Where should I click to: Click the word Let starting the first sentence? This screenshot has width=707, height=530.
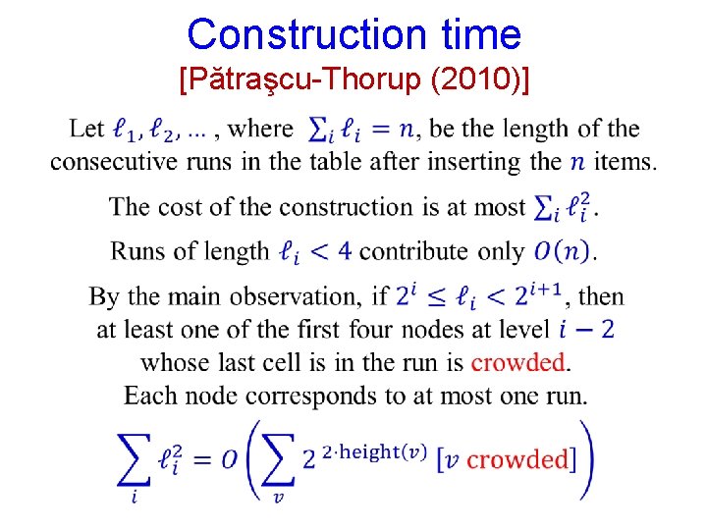point(86,129)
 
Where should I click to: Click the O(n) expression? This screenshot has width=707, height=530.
point(563,251)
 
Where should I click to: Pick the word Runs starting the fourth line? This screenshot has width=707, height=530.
point(138,251)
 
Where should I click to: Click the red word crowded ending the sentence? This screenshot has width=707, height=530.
point(518,363)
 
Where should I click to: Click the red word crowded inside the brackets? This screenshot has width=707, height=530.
point(517,459)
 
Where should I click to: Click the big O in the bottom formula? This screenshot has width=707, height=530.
point(230,459)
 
